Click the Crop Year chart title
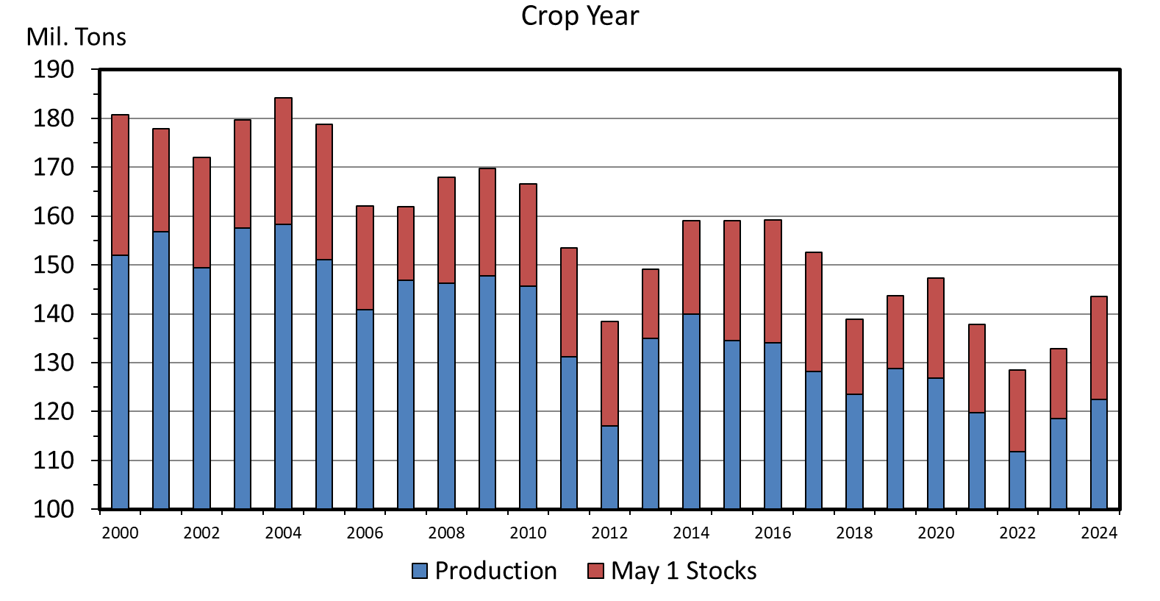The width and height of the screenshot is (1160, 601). coord(580,15)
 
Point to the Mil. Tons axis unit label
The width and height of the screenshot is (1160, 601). coord(76,37)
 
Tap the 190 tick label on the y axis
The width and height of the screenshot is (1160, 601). coord(54,70)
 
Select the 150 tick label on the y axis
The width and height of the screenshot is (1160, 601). coord(54,265)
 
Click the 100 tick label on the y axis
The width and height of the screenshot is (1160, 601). coord(54,509)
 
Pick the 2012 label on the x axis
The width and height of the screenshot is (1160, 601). coord(609,533)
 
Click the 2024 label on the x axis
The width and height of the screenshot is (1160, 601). coord(1098,533)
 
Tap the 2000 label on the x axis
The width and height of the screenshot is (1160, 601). coord(120,533)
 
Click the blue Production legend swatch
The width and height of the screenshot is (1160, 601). coord(420,571)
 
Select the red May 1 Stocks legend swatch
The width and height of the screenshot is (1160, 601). coord(595,571)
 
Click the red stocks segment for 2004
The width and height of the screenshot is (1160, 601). coord(283,161)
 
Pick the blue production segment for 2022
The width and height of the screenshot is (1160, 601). coord(1017,480)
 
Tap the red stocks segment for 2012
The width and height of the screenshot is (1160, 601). coord(609,374)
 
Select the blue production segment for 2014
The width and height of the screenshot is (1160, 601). coord(691,411)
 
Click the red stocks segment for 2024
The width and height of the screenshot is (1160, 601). coord(1098,348)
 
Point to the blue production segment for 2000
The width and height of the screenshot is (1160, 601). coord(120,382)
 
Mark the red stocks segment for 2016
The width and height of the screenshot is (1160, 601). coord(773,282)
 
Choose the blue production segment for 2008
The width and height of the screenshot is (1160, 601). coord(446,396)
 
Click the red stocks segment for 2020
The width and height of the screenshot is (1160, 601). coord(935,328)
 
